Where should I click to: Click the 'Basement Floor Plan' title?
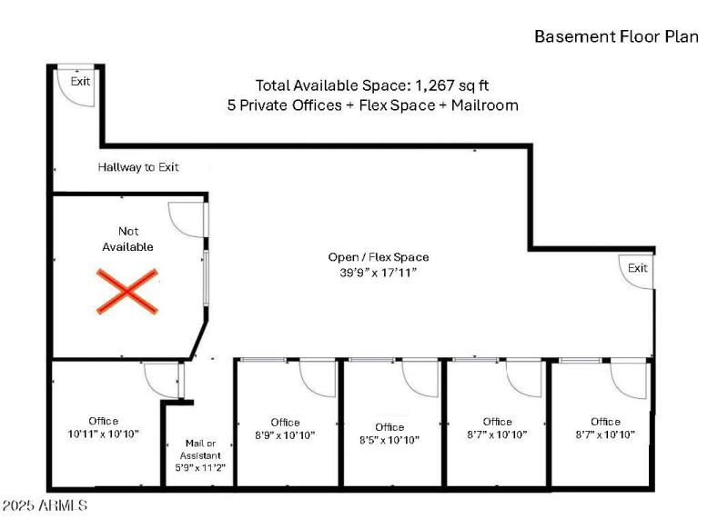pyautogui.click(x=616, y=36)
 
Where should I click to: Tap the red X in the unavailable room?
pyautogui.click(x=126, y=291)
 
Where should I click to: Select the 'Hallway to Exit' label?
pyautogui.click(x=138, y=167)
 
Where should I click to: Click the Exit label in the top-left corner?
pyautogui.click(x=81, y=81)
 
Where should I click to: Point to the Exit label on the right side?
pyautogui.click(x=638, y=267)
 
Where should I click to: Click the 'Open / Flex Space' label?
pyautogui.click(x=379, y=257)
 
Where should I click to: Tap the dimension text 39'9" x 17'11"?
pyautogui.click(x=379, y=272)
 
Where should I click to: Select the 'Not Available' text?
pyautogui.click(x=128, y=239)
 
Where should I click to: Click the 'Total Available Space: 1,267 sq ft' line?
pyautogui.click(x=372, y=85)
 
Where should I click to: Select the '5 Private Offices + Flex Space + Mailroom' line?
pyautogui.click(x=372, y=105)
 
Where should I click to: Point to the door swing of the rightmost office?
pyautogui.click(x=627, y=378)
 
